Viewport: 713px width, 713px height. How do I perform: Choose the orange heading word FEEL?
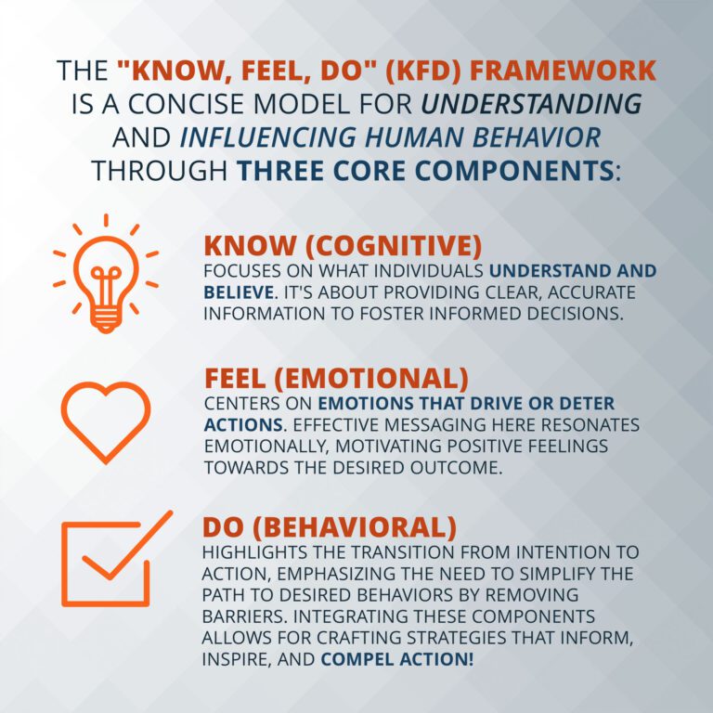[239, 380]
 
